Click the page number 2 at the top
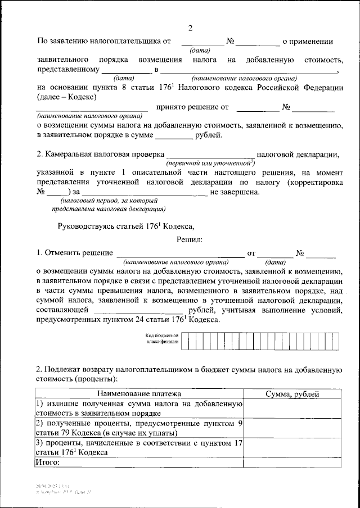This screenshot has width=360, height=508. point(190,28)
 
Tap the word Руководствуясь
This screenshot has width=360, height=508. point(87,226)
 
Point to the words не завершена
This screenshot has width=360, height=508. point(235,193)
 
